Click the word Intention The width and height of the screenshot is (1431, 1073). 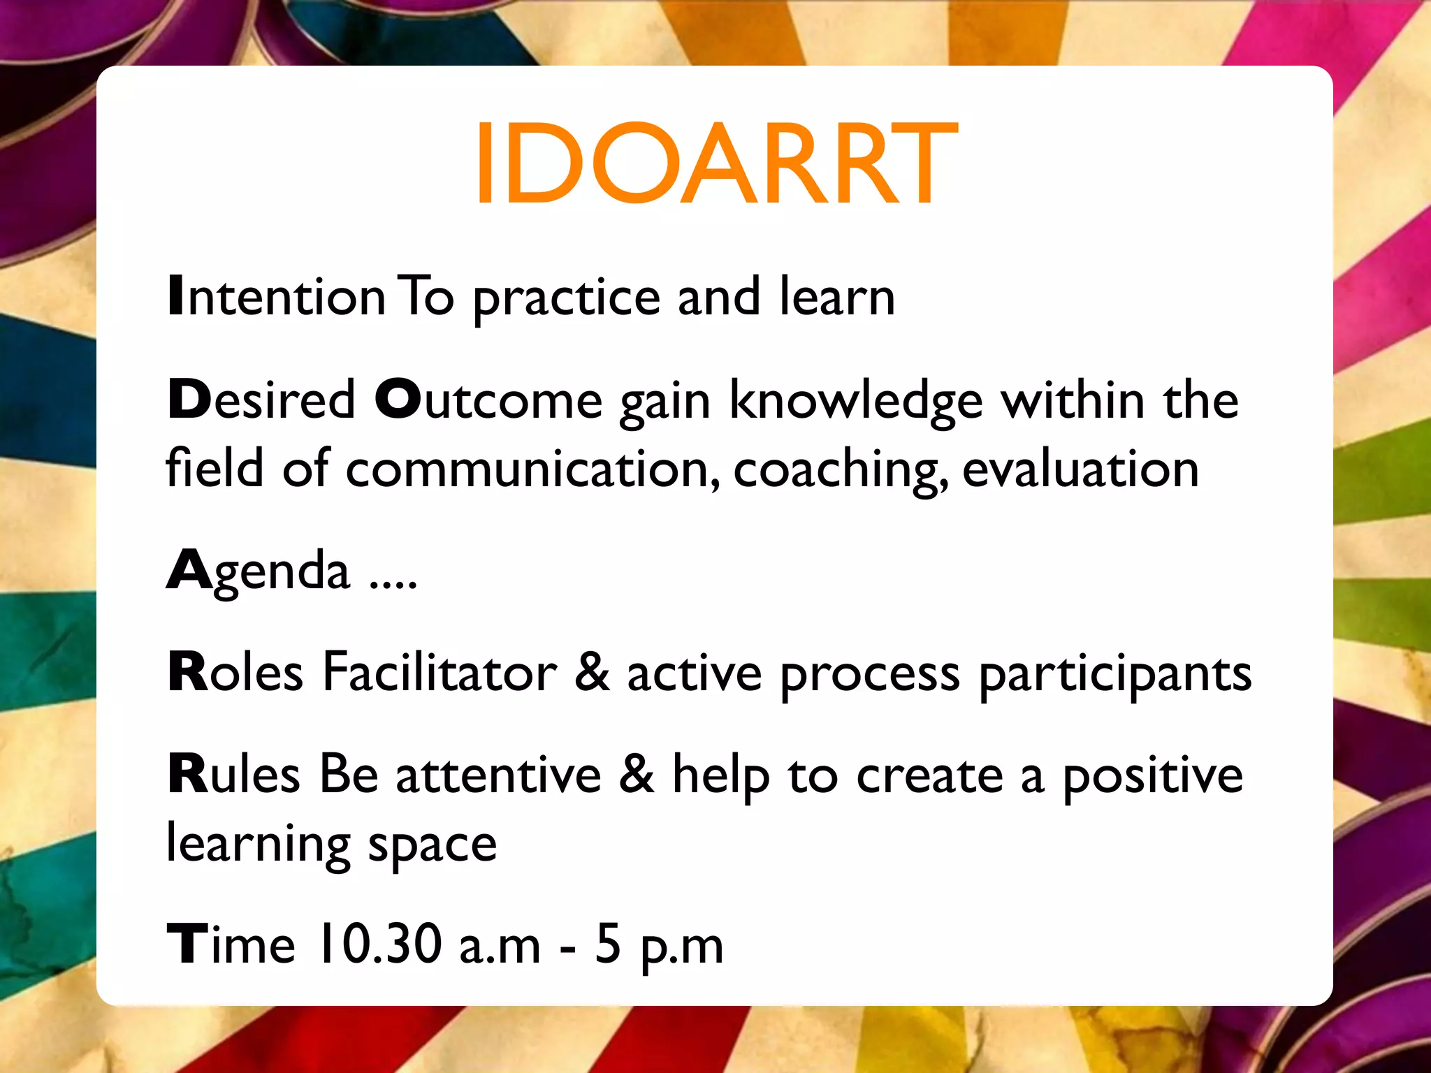277,297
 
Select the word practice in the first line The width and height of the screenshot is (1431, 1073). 566,298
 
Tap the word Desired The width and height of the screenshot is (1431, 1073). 261,400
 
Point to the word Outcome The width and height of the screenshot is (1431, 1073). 488,400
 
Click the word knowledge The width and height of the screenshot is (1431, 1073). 856,402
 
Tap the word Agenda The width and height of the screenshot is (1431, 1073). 258,571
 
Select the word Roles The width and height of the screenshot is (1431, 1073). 235,672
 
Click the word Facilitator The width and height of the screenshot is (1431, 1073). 440,672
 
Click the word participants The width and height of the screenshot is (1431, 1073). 1114,675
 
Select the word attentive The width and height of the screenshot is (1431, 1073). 498,775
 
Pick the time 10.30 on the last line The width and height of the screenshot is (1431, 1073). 380,944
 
